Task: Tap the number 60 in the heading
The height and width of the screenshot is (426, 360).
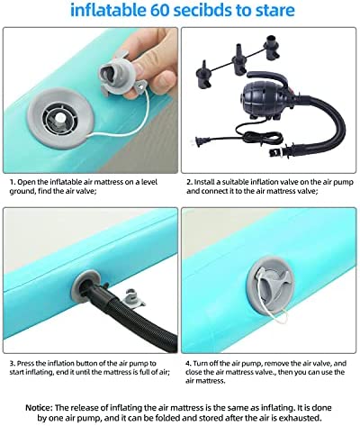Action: click(x=160, y=10)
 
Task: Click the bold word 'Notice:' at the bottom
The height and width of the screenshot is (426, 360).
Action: click(x=39, y=408)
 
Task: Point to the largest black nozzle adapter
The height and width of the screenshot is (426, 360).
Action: click(x=273, y=47)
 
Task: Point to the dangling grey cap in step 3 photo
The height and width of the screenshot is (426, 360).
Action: click(x=132, y=298)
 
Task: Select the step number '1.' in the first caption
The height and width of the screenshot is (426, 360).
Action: click(x=13, y=182)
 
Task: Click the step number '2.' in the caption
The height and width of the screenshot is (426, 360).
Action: click(x=189, y=182)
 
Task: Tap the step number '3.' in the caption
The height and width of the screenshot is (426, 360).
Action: click(x=13, y=363)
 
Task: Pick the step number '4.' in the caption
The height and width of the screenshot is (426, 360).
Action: click(x=188, y=363)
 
